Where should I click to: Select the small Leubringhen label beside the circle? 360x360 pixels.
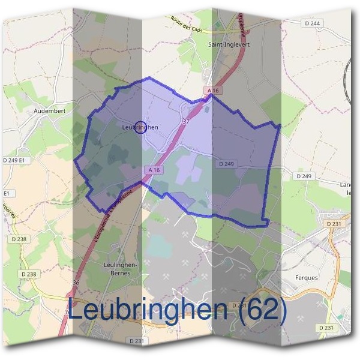(139, 127)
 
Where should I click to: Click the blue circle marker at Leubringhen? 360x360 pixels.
(140, 127)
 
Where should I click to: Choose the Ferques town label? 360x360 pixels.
(307, 278)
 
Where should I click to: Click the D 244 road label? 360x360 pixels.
(311, 23)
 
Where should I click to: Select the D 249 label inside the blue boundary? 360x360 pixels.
(226, 163)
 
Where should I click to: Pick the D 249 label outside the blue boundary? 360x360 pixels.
(304, 176)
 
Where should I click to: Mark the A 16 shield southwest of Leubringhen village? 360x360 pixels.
(154, 170)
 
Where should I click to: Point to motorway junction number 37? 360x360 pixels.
(186, 122)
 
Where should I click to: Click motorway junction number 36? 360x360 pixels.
(76, 282)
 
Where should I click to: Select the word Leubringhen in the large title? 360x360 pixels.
(148, 310)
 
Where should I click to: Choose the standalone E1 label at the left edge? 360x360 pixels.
(7, 194)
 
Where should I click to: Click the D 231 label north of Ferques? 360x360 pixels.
(335, 224)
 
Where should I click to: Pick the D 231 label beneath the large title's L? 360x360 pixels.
(137, 340)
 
